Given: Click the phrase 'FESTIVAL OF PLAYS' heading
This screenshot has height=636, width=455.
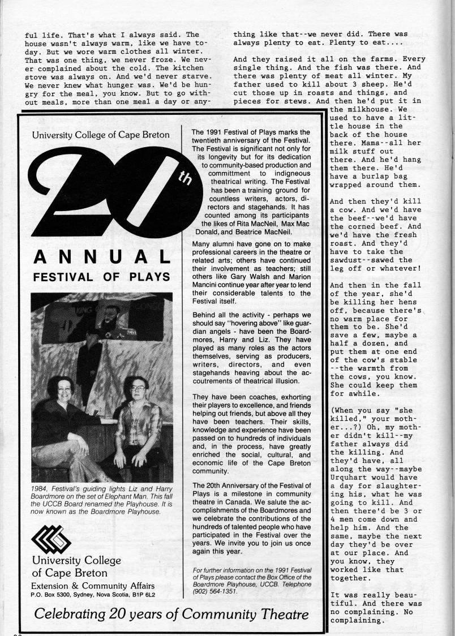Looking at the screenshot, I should coord(102,277).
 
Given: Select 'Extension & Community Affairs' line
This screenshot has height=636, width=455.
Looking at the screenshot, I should coord(92,585).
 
